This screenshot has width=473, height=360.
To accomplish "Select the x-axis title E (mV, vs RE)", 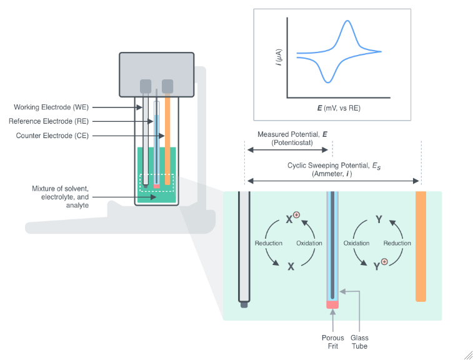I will tap(338, 108).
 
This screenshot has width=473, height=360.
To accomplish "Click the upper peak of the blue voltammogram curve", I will tap(347, 22).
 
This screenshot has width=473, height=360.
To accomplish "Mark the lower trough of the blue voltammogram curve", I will tap(327, 81).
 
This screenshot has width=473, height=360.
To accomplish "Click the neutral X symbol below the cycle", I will tap(291, 266).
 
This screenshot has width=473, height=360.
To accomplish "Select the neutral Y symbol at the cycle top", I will tap(379, 219).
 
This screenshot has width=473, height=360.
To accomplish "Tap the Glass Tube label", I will tap(359, 342).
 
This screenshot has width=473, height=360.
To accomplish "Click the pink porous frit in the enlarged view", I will tap(332, 304).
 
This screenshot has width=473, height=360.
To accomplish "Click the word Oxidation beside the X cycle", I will tap(309, 243).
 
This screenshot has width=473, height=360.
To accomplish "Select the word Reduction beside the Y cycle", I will tap(397, 243).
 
